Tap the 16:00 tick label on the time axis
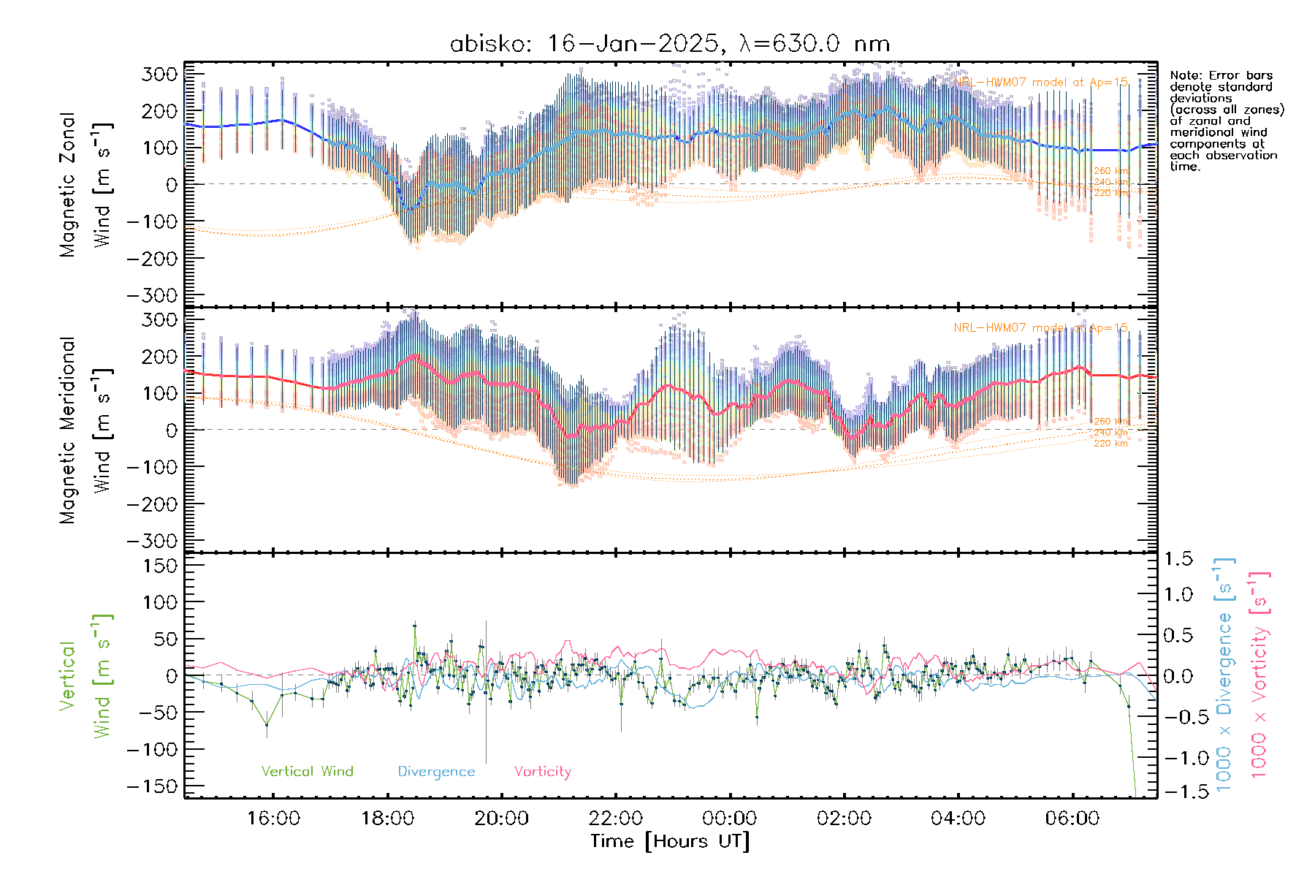[x=273, y=818]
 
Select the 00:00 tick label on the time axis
[x=730, y=818]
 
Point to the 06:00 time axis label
[x=1072, y=818]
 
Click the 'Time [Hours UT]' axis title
[x=670, y=841]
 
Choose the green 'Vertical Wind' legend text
[x=307, y=771]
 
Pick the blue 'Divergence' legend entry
[x=436, y=771]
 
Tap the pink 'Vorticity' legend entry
[x=542, y=771]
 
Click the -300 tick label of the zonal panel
[x=152, y=295]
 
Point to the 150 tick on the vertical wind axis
[x=161, y=566]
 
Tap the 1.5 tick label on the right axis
[x=1178, y=559]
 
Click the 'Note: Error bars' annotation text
[x=1221, y=75]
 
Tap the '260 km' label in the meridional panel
[x=1110, y=422]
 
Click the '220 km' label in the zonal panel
[x=1110, y=193]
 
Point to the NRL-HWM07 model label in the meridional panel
[x=1040, y=328]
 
